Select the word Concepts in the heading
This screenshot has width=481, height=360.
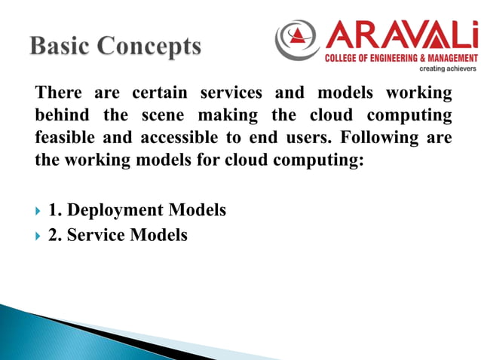149,47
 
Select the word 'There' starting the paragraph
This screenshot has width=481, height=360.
59,93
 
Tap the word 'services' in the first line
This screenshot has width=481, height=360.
231,93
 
